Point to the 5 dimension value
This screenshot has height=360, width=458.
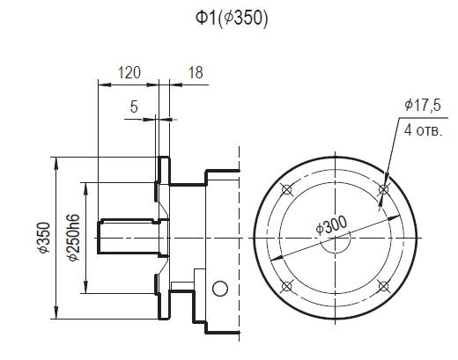(134, 107)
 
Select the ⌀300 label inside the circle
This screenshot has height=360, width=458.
(331, 226)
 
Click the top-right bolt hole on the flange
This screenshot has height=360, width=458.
(382, 189)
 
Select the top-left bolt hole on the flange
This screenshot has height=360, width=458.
(284, 189)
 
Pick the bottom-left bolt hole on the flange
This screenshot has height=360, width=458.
(284, 286)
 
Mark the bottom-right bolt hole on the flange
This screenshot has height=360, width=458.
(382, 286)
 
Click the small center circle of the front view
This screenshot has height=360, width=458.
(334, 238)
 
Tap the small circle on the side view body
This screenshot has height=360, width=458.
(220, 289)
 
